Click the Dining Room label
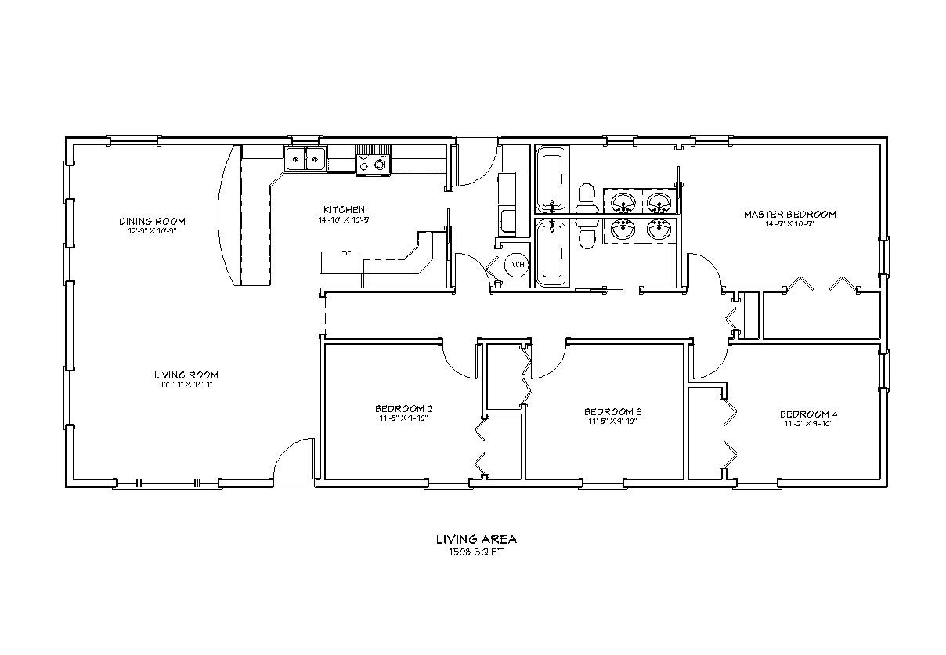152,221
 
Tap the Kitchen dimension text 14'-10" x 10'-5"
344,219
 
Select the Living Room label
186,375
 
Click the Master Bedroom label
789,214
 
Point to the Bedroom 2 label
403,408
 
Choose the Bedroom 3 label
612,411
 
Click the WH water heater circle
517,265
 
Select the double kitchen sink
305,159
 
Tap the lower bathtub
551,251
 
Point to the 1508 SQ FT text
475,552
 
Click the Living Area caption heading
475,539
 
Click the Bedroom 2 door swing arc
458,360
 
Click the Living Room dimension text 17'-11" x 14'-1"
186,384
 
